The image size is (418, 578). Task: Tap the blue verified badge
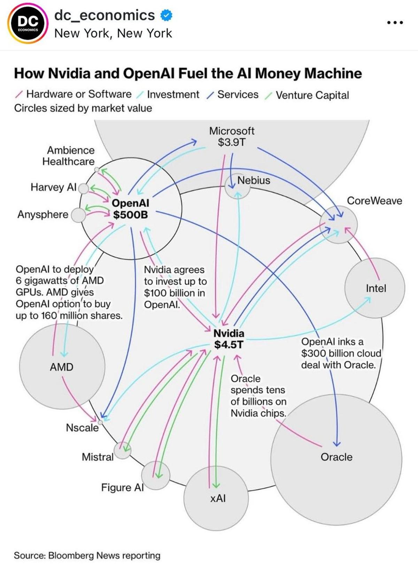(165, 15)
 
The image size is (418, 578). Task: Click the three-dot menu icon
(395, 23)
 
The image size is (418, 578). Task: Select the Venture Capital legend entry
(312, 95)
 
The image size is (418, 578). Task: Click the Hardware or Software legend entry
(79, 94)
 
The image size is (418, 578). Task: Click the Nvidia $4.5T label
(229, 339)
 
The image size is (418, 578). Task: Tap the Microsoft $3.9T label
(232, 136)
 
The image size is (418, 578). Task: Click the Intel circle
(375, 288)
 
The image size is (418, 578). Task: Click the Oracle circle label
(336, 457)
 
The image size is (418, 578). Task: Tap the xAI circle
(216, 499)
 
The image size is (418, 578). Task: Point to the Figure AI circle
(155, 475)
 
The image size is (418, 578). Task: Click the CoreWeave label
(374, 201)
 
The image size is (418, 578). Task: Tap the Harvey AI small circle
(84, 188)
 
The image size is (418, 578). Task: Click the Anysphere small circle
(78, 215)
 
